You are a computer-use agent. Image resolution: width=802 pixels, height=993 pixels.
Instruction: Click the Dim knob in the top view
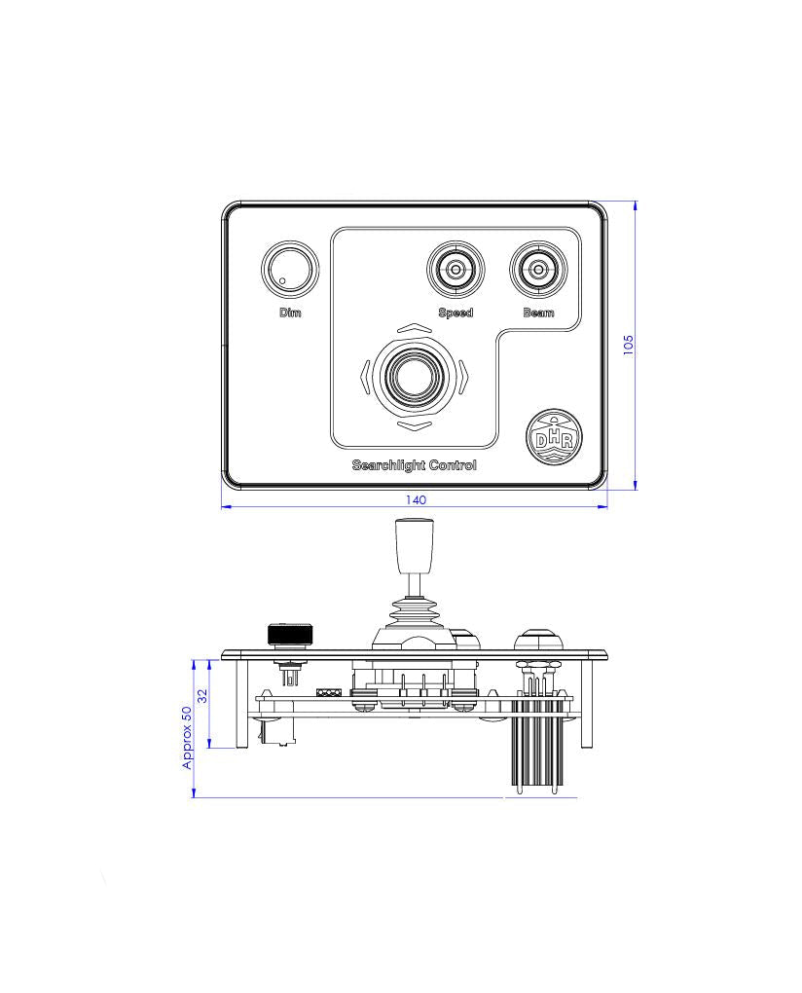point(290,269)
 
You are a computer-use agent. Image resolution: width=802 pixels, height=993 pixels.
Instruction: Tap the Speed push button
point(456,268)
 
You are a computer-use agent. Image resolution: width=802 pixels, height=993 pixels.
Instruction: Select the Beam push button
point(538,268)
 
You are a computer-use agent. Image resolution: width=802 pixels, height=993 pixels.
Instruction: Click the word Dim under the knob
point(290,313)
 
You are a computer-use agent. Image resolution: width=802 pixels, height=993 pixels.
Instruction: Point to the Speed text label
point(456,313)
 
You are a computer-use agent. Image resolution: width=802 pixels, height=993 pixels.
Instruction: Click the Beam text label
point(538,313)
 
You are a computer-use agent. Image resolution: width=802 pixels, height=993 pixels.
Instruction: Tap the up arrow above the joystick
point(415,328)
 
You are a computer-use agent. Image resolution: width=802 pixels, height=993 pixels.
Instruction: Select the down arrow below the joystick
point(415,425)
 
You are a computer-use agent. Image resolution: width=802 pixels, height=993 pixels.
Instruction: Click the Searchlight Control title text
point(415,465)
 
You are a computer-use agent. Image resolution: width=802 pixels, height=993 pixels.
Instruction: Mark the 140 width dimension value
point(415,499)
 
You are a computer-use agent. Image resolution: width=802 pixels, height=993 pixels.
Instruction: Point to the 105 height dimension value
point(628,345)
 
